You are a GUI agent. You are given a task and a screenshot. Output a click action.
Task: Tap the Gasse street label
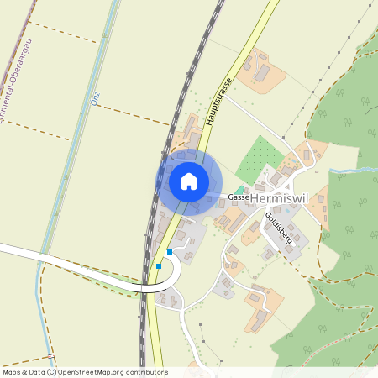click(x=236, y=197)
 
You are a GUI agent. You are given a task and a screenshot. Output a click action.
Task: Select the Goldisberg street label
click(x=278, y=228)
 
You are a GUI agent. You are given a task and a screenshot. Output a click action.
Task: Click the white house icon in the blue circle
click(x=189, y=181)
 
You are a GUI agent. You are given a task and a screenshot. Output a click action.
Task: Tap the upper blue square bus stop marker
click(x=170, y=251)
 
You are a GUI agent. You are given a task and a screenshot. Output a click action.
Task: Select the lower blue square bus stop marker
click(x=159, y=266)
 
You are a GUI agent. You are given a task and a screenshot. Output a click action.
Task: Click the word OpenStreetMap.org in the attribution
click(x=94, y=372)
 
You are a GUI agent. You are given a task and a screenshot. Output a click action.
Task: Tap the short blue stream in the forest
click(x=353, y=171)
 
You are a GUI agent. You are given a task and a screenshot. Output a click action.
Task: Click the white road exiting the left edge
click(x=34, y=252)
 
